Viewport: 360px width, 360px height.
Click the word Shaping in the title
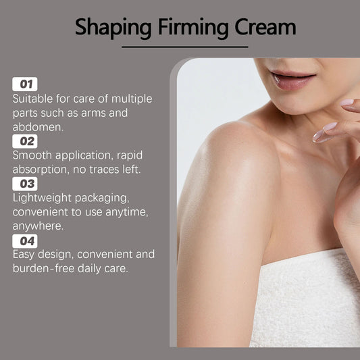pyautogui.click(x=113, y=28)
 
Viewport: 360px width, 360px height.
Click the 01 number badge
pyautogui.click(x=25, y=84)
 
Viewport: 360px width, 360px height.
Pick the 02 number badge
pyautogui.click(x=25, y=141)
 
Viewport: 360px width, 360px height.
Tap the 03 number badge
pyautogui.click(x=25, y=184)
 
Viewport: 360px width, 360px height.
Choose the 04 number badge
pyautogui.click(x=25, y=240)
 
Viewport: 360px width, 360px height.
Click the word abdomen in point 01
pyautogui.click(x=36, y=127)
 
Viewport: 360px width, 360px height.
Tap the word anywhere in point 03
pyautogui.click(x=38, y=226)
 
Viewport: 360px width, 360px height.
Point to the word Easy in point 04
pyautogui.click(x=25, y=255)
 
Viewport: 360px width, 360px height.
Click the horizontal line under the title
pyautogui.click(x=184, y=47)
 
